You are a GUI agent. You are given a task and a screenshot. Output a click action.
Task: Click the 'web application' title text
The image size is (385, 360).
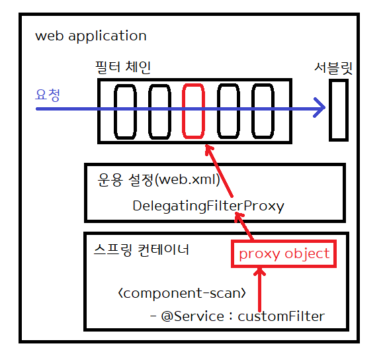tap(91, 36)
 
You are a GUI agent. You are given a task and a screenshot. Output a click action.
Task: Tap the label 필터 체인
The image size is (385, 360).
tap(123, 67)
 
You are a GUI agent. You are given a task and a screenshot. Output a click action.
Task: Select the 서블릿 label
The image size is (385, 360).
tap(333, 68)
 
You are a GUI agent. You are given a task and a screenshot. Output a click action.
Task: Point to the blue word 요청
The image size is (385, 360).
tap(48, 95)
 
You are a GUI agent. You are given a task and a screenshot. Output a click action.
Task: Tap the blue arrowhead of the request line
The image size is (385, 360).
tap(320, 108)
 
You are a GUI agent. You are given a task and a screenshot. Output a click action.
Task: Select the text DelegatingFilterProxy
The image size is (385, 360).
tap(208, 206)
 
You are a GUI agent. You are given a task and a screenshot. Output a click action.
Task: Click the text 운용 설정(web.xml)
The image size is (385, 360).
tap(159, 180)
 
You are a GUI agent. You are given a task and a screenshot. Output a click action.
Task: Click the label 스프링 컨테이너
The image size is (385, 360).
tap(142, 250)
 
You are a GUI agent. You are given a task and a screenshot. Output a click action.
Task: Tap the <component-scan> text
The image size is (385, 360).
tap(182, 293)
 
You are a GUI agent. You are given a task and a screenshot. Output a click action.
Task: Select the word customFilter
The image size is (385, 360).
tap(281, 316)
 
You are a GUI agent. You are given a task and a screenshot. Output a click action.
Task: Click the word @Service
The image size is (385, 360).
tap(192, 316)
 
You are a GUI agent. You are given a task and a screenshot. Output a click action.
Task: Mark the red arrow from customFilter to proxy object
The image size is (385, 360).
tap(259, 289)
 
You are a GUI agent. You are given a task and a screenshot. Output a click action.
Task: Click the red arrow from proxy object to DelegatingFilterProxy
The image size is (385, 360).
tap(244, 226)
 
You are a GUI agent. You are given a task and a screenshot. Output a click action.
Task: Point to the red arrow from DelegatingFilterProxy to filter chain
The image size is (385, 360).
tap(218, 171)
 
